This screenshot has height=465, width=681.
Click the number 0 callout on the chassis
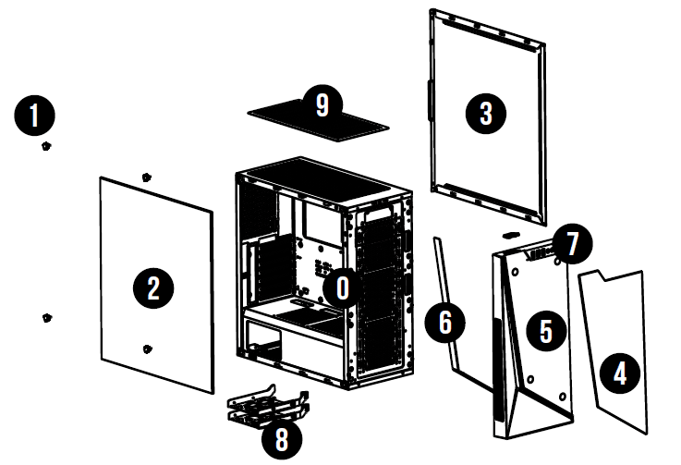341,288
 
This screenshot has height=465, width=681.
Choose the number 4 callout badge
619,373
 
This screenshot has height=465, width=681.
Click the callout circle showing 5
544,328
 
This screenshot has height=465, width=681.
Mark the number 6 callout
444,323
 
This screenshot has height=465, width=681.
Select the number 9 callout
321,104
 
